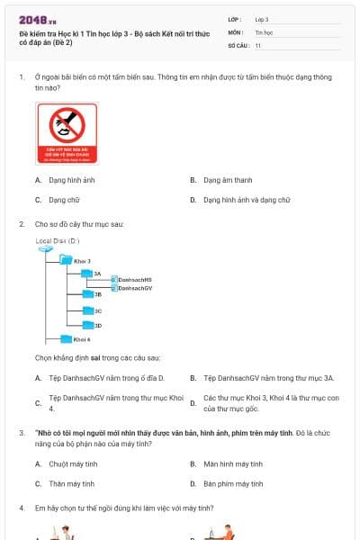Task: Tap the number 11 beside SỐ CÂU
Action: tap(258, 45)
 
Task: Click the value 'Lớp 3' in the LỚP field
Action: tap(262, 18)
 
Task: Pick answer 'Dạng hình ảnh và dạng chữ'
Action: tap(246, 200)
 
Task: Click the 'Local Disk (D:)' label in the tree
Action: tap(58, 241)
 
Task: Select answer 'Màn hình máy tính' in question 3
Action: tap(232, 464)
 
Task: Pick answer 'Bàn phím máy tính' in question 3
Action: tap(232, 484)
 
